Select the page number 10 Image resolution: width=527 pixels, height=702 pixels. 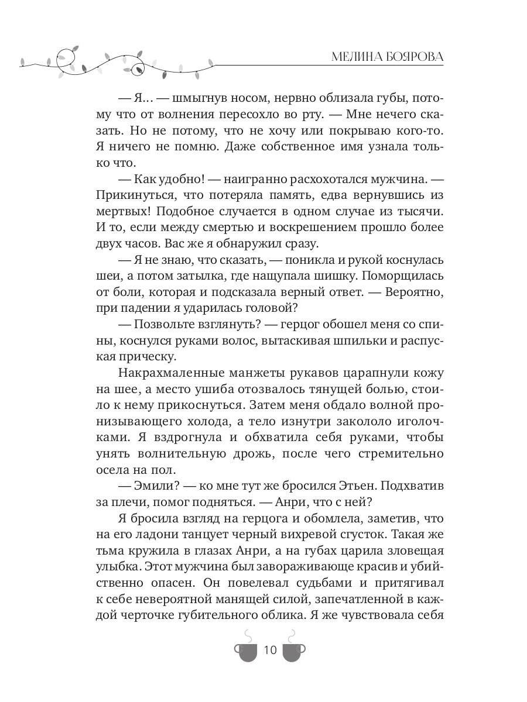click(x=271, y=650)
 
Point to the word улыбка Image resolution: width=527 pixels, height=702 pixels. click(x=116, y=568)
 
